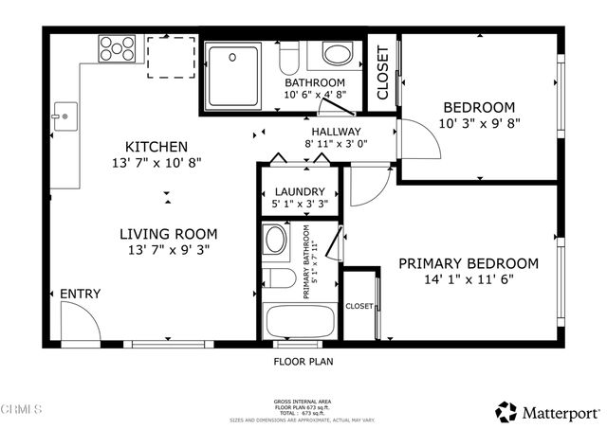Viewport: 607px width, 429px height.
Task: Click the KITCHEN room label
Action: [x=156, y=147]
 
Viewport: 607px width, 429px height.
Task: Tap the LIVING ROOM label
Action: [x=168, y=234]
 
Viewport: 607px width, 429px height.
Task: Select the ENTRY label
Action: [x=80, y=295]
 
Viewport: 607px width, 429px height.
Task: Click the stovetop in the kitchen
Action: [x=117, y=47]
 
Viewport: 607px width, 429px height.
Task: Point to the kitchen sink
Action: [x=64, y=116]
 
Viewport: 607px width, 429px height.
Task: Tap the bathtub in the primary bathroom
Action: [x=299, y=319]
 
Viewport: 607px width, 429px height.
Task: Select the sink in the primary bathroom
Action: [x=276, y=241]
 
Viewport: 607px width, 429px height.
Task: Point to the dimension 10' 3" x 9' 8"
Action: [x=478, y=123]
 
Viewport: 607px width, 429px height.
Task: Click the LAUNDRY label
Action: [x=300, y=190]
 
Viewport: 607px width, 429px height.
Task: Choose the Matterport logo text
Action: [x=560, y=412]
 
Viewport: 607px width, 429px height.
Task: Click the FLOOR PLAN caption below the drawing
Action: [x=303, y=361]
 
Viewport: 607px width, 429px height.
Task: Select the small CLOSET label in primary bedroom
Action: [x=359, y=306]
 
